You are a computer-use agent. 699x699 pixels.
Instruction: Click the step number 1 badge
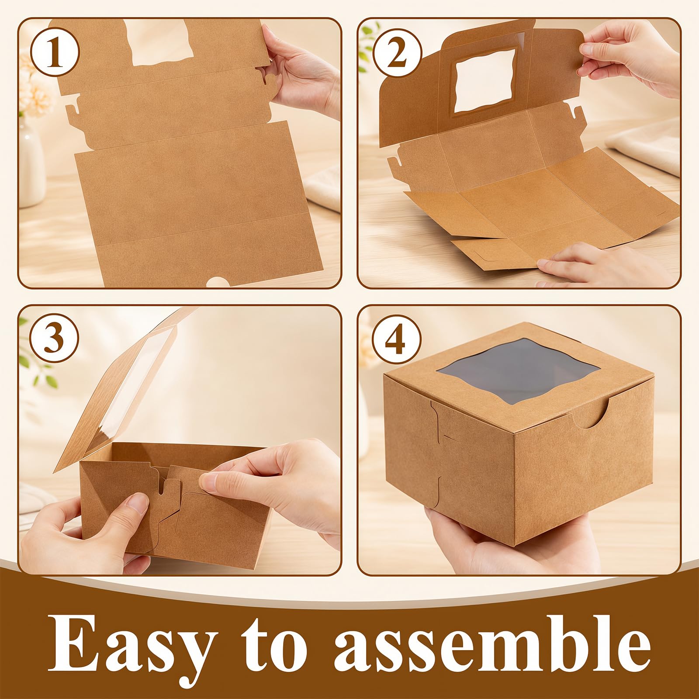click(x=55, y=55)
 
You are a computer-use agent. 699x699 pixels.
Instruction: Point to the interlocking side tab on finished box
click(x=441, y=454)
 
